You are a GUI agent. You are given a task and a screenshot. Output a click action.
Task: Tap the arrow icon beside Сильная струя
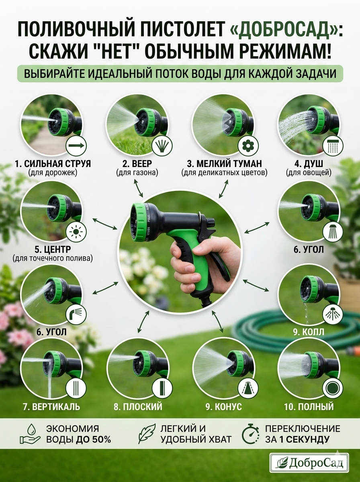76,145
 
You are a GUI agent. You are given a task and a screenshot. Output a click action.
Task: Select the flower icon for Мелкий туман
248,145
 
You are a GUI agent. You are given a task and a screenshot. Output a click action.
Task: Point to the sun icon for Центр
76,231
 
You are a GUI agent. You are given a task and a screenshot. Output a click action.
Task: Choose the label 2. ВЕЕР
137,163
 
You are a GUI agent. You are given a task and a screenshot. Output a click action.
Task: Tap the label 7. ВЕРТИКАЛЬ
51,406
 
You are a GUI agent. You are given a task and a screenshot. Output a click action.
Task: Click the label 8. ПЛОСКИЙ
138,406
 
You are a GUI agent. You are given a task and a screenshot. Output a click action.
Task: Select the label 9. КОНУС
224,406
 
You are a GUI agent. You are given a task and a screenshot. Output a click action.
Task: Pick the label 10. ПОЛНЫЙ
309,406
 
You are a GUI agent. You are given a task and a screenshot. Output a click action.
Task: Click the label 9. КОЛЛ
309,332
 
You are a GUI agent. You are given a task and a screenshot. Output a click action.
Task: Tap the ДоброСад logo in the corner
309,464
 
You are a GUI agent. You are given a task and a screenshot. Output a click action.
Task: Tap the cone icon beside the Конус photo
248,391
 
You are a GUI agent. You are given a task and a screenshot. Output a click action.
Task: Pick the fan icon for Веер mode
162,145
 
